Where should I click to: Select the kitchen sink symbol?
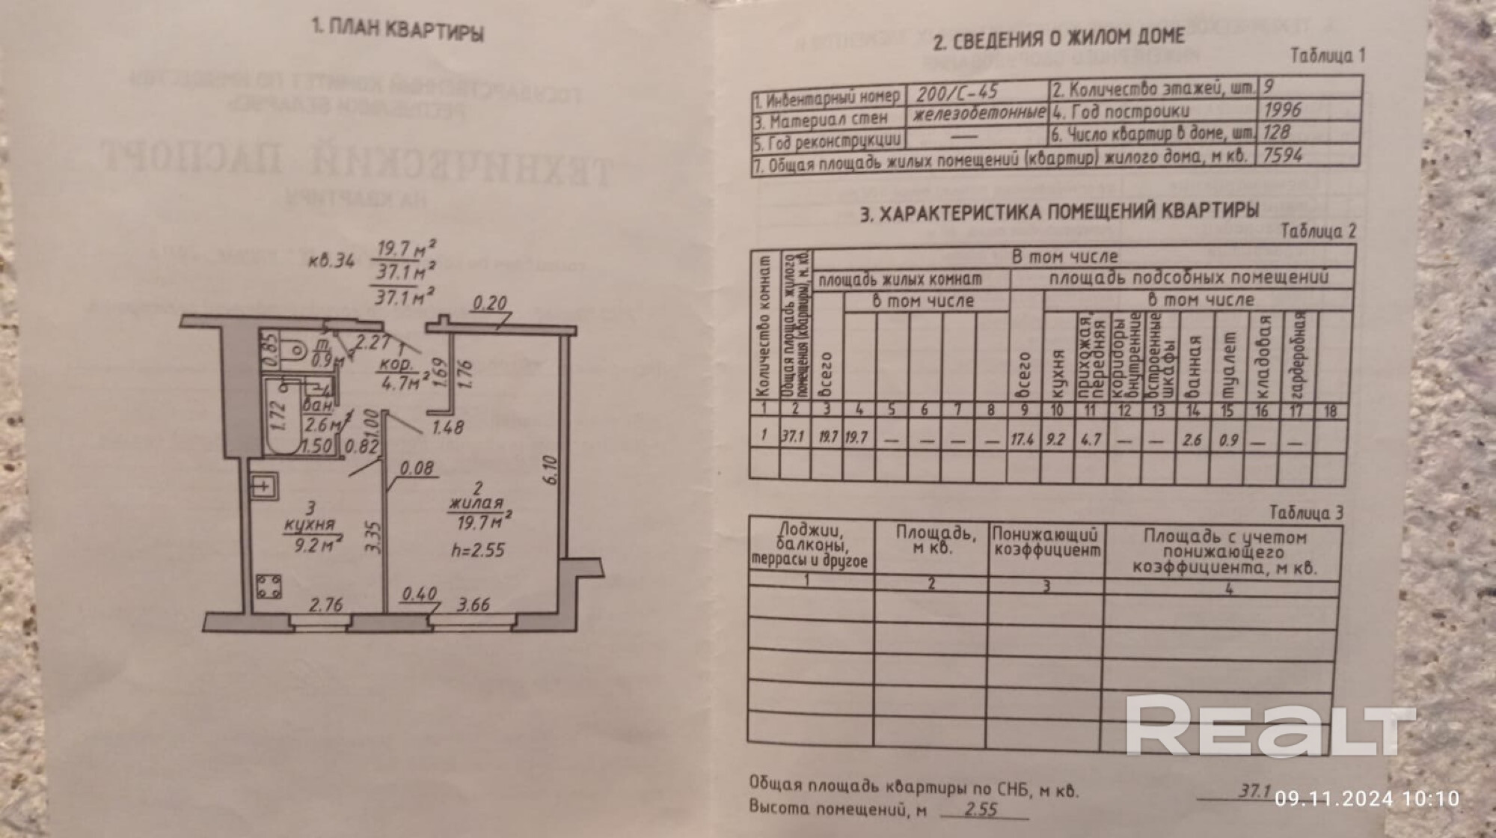tap(264, 486)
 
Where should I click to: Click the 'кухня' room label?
tap(310, 524)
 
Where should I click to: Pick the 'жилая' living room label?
tap(476, 504)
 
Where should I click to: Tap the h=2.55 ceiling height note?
tap(478, 551)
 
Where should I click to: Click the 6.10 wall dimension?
tap(551, 470)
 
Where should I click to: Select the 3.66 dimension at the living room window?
tap(473, 605)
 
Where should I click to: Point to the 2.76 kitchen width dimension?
tap(326, 605)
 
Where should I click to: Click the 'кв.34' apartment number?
tap(331, 260)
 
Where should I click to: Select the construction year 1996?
tap(1282, 110)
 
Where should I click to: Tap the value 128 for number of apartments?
tap(1276, 132)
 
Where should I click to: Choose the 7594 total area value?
tap(1282, 156)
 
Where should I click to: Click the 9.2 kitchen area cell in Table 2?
tap(1055, 439)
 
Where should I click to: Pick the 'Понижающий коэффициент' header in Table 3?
tap(1046, 543)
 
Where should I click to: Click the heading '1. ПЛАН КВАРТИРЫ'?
tap(397, 31)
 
